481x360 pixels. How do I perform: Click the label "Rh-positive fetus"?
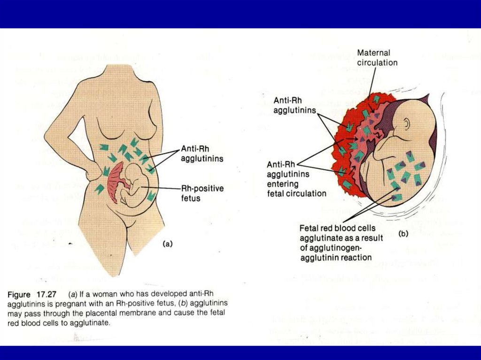pos(202,193)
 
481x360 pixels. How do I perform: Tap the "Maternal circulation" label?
pos(377,58)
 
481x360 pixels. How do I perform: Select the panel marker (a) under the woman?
pos(168,244)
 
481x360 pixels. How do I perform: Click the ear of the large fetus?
pos(406,124)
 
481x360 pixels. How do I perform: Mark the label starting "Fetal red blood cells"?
pos(341,243)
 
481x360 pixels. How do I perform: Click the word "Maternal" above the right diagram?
pos(373,53)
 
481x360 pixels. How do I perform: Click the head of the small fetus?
pos(134,172)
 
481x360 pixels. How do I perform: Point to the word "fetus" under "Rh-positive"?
pos(191,198)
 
